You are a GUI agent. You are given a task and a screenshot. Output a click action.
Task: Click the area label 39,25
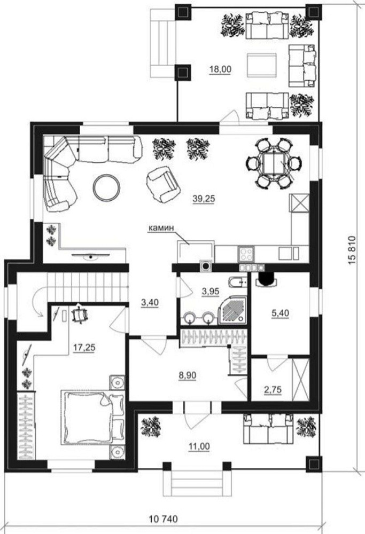204,199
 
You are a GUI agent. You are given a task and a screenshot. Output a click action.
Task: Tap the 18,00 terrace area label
221,69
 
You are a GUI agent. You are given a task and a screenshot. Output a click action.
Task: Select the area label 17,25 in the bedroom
84,348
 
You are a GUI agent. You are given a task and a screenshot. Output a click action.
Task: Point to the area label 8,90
188,375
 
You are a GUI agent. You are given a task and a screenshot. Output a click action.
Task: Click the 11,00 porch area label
199,446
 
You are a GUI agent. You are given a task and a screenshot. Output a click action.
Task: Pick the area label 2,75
273,389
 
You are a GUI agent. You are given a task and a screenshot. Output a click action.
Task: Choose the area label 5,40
280,313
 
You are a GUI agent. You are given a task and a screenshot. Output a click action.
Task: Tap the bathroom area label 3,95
210,291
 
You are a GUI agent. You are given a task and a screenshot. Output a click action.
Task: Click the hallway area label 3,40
150,302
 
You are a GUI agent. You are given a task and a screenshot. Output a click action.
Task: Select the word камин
161,228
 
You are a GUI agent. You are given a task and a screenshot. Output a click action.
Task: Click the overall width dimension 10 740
163,519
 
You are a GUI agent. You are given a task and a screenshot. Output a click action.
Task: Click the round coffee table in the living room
107,187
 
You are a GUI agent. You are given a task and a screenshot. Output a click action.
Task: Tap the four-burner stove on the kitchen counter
246,254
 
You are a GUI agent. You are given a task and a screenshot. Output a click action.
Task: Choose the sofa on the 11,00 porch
269,429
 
